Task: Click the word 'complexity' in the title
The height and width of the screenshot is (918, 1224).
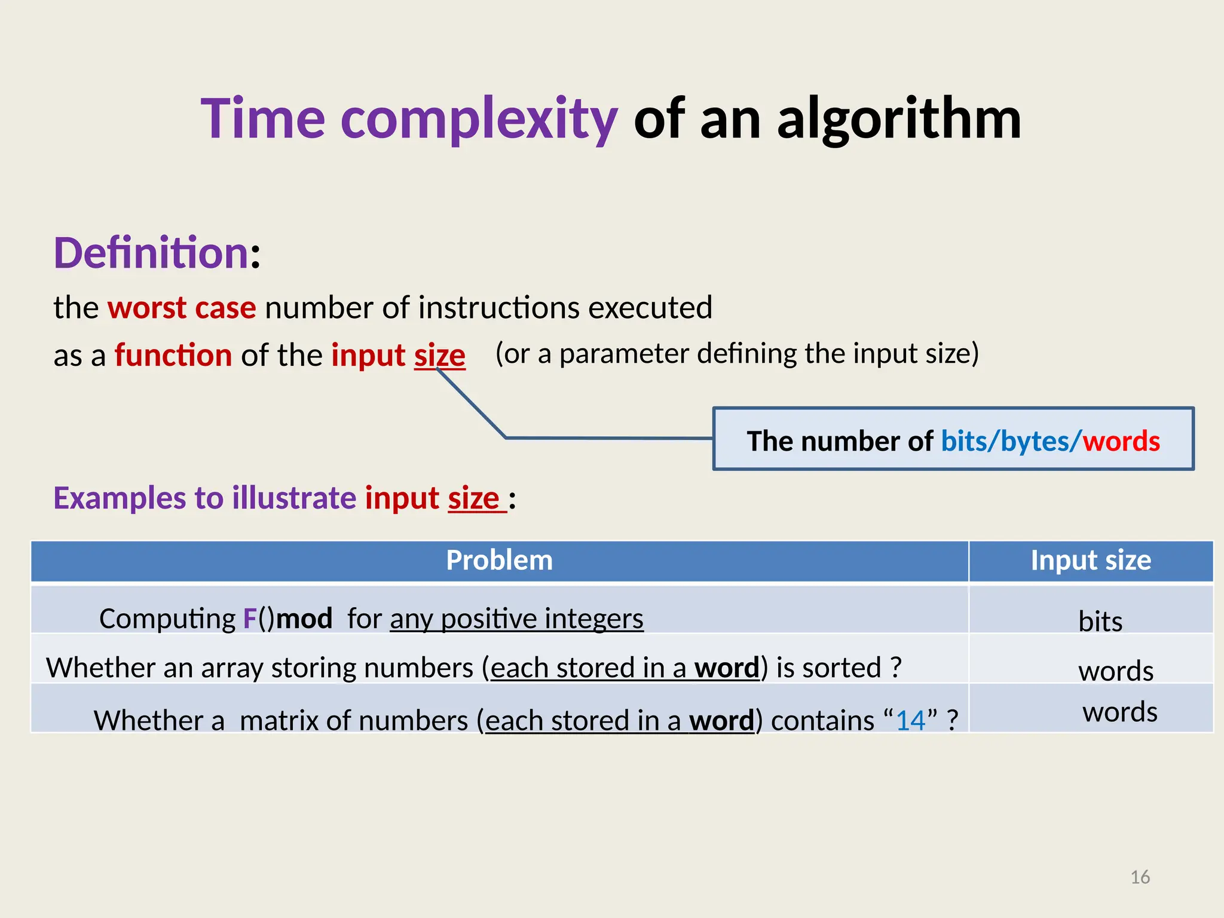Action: pyautogui.click(x=478, y=120)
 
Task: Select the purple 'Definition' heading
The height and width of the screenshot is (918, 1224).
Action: pyautogui.click(x=151, y=253)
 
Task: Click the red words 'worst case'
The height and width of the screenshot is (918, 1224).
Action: pyautogui.click(x=182, y=308)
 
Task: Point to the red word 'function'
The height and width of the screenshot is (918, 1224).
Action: pyautogui.click(x=173, y=356)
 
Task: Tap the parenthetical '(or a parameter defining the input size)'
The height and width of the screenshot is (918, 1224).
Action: pyautogui.click(x=737, y=353)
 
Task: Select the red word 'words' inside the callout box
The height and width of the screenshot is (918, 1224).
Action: pyautogui.click(x=1121, y=441)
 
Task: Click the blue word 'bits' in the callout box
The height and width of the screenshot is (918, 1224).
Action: pyautogui.click(x=964, y=441)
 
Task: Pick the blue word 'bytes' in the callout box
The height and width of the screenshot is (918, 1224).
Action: pyautogui.click(x=1035, y=441)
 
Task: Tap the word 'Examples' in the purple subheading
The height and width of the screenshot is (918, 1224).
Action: pyautogui.click(x=120, y=498)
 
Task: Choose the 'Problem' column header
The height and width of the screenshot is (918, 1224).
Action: pyautogui.click(x=499, y=561)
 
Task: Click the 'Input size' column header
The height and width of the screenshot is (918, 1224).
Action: pyautogui.click(x=1091, y=561)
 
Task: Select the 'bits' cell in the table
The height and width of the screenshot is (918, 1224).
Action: pyautogui.click(x=1100, y=621)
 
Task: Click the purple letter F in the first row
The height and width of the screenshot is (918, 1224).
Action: pyautogui.click(x=250, y=619)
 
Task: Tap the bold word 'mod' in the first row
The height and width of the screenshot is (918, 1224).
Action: pyautogui.click(x=304, y=619)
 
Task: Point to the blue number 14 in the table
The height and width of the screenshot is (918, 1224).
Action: pyautogui.click(x=910, y=720)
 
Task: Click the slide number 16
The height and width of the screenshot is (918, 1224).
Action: pyautogui.click(x=1140, y=877)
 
